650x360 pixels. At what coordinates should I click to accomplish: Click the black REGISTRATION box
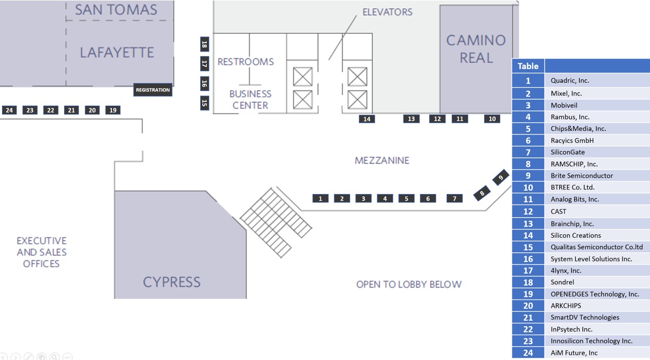coord(153,90)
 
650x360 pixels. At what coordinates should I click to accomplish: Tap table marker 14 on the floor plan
coord(367,119)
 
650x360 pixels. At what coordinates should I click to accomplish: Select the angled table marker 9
coord(501,177)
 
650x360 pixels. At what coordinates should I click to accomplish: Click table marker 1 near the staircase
coord(320,199)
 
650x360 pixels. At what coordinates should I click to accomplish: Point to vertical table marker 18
coord(204,44)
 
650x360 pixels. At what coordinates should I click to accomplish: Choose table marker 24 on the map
coord(9,110)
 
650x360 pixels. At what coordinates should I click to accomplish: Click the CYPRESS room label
coord(171,282)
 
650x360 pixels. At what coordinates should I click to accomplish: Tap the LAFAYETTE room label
coord(117,52)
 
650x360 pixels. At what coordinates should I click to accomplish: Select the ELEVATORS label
coord(388,12)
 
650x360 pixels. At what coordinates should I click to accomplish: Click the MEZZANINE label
coord(382,160)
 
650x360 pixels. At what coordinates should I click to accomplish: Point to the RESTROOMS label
coord(245,62)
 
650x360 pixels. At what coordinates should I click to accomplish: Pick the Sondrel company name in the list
coord(562,282)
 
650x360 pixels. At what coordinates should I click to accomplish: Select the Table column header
coord(528,66)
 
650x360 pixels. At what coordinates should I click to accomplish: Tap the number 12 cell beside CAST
coord(528,212)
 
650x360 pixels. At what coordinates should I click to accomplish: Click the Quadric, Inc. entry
coord(570,81)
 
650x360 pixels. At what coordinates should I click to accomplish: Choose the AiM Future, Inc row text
coord(574,353)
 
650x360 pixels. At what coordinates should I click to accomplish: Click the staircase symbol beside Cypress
coord(276,222)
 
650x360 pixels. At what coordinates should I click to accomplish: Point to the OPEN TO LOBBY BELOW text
coord(409,284)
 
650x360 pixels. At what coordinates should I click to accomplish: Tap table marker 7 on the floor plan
coord(454,199)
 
